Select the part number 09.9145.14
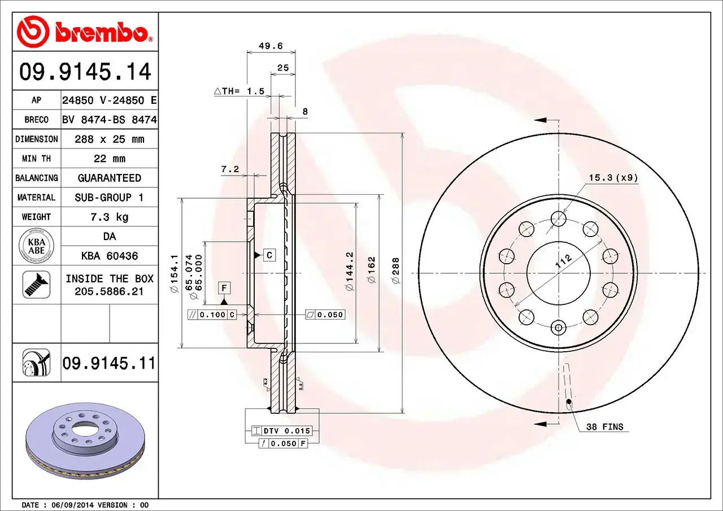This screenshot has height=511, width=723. tap(85, 72)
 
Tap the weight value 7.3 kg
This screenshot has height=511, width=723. tap(109, 217)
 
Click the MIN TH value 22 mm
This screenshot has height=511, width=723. tap(109, 159)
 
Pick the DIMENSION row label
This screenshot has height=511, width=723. tap(36, 139)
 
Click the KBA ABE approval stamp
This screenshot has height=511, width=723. tap(36, 246)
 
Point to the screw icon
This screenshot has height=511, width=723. tap(36, 285)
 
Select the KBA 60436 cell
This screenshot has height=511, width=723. tap(109, 256)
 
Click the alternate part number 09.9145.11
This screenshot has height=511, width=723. tap(108, 363)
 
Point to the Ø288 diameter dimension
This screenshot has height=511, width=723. tap(395, 270)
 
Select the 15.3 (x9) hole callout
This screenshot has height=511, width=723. tap(613, 178)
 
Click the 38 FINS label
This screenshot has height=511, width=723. tap(604, 427)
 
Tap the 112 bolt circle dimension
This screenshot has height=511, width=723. tap(563, 261)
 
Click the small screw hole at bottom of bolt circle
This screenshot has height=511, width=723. tap(559, 327)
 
